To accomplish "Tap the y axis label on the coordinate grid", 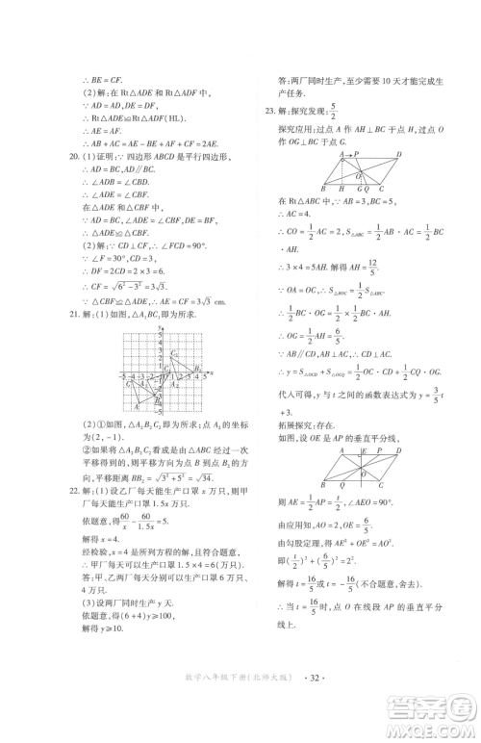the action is tap(155, 329).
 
